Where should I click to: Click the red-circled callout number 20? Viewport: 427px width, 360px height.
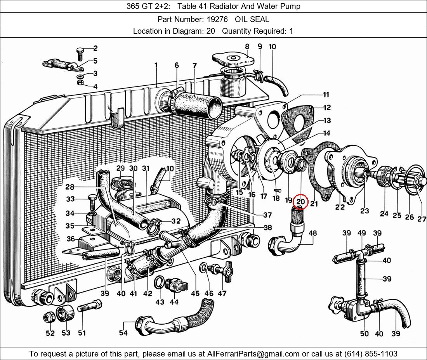(x=300, y=202)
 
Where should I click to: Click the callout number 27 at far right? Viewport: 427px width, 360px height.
(x=422, y=219)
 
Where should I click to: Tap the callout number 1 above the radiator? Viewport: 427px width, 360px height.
(x=156, y=66)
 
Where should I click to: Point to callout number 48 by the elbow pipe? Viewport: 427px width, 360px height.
(x=312, y=233)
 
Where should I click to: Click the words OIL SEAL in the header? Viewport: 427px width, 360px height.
(x=252, y=19)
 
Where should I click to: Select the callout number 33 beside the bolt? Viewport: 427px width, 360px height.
(x=70, y=199)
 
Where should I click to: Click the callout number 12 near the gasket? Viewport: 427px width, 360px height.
(x=327, y=107)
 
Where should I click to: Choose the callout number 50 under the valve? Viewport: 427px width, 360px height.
(x=364, y=334)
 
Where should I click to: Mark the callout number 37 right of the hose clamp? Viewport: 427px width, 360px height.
(x=267, y=215)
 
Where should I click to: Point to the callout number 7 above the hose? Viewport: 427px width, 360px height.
(x=194, y=66)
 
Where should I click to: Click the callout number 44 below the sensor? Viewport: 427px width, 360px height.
(x=174, y=302)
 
